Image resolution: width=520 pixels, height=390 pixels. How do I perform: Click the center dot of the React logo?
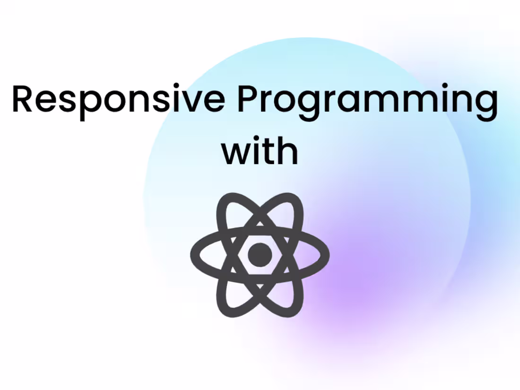coord(260,255)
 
